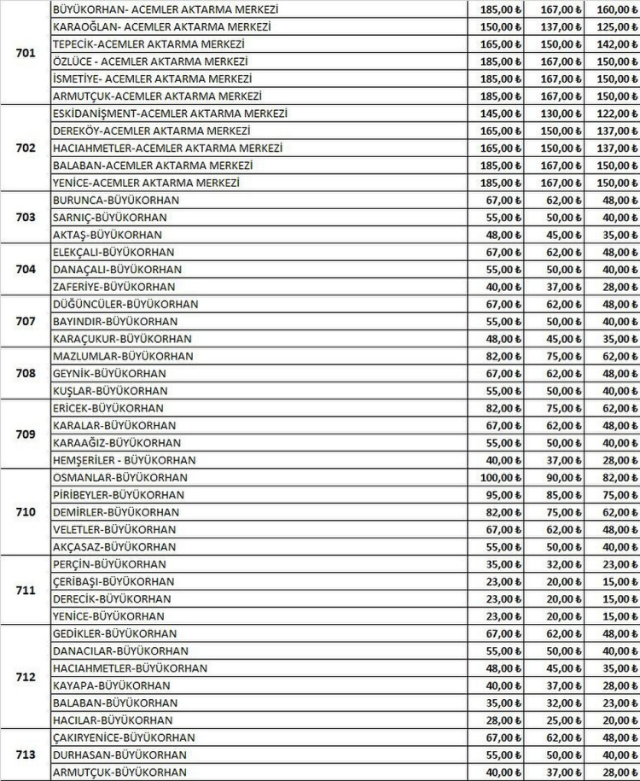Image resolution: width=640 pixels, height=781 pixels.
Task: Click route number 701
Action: tap(26, 53)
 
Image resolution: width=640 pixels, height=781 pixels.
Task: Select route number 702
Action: tap(26, 148)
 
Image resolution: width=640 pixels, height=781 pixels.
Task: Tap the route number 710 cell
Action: tap(26, 512)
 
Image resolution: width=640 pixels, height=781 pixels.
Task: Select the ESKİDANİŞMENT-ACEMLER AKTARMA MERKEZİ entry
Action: tap(170, 114)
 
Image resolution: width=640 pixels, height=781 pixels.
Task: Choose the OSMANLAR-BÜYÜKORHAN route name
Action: tap(120, 477)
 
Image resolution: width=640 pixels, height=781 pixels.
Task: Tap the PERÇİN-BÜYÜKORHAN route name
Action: tap(109, 564)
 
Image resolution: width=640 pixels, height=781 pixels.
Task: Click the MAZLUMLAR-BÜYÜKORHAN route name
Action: tap(123, 356)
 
